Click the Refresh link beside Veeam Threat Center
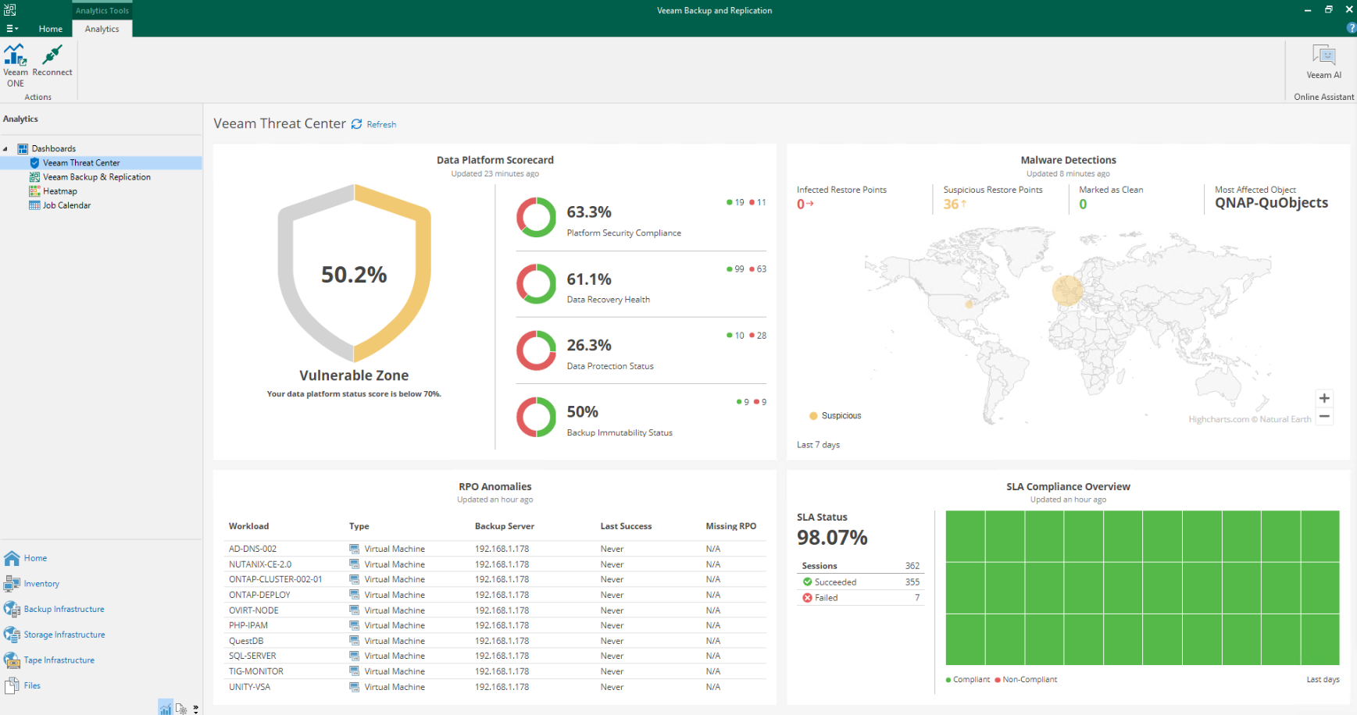(x=381, y=124)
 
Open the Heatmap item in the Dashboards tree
(x=60, y=191)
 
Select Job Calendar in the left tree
(x=66, y=205)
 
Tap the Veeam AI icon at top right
(x=1324, y=55)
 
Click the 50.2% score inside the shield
(x=354, y=275)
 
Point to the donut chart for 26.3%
(x=536, y=350)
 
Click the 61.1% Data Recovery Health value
(x=589, y=279)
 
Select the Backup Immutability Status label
(x=620, y=432)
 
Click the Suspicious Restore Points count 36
(x=951, y=204)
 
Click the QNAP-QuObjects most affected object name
(x=1271, y=203)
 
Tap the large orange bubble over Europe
(x=1068, y=290)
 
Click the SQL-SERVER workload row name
(x=252, y=656)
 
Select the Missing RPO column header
(x=731, y=526)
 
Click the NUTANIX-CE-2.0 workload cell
(x=260, y=564)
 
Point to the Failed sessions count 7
(x=917, y=598)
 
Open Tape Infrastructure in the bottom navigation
(x=59, y=660)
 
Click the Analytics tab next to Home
(x=102, y=29)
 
